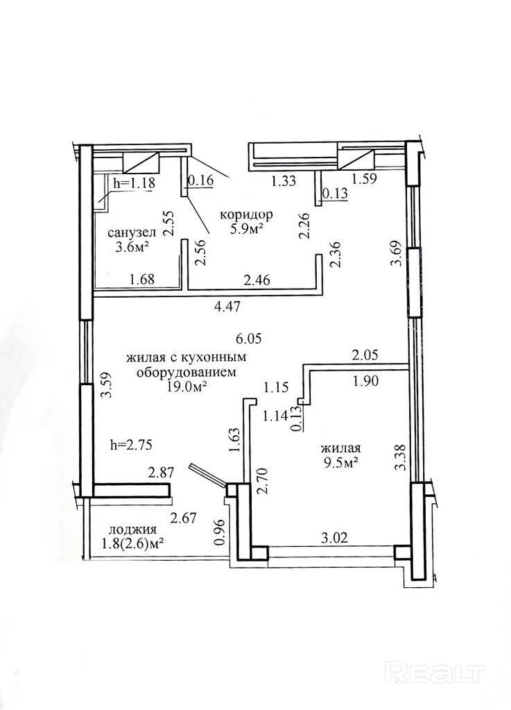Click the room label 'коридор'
[245, 214]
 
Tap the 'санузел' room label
[132, 233]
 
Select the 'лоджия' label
[132, 530]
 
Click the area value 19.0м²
[186, 387]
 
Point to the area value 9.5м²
[341, 462]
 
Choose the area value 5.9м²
[246, 228]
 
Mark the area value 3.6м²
[132, 247]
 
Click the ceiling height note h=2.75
[130, 445]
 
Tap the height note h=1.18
[134, 183]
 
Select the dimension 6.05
[249, 338]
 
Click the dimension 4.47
[227, 307]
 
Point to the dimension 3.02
[334, 538]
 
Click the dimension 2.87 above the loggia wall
[162, 473]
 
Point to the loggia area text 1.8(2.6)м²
[133, 544]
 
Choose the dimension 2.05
[365, 355]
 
